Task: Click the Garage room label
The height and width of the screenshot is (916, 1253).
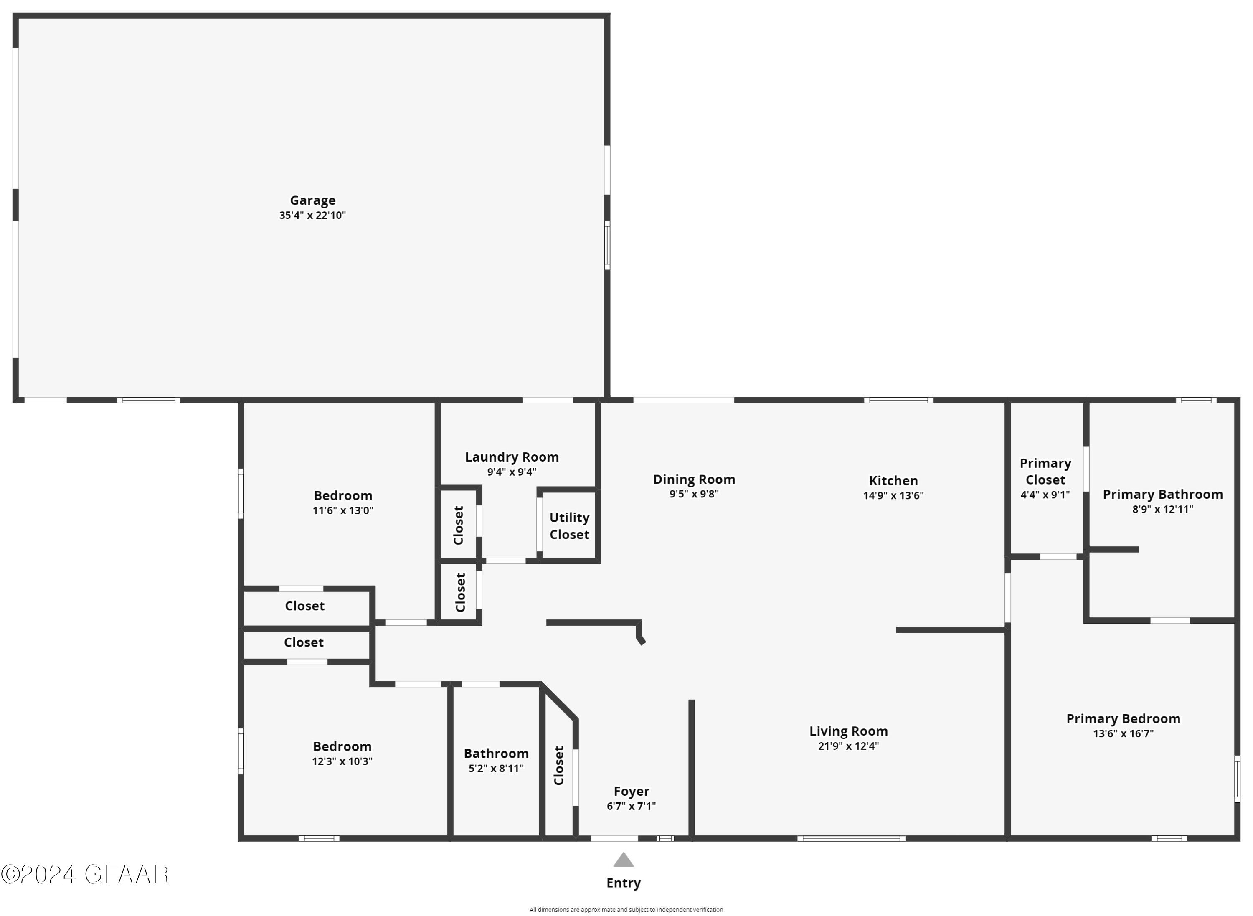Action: pos(313,200)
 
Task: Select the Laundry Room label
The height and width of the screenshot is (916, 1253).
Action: pos(512,457)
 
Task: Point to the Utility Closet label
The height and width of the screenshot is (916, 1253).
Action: pos(569,525)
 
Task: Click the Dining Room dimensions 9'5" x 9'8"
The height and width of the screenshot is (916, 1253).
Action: pos(694,493)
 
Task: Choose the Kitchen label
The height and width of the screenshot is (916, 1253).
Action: pos(893,480)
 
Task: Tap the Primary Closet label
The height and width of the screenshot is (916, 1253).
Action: pos(1045,471)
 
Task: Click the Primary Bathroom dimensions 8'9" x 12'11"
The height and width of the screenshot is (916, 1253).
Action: pos(1163,509)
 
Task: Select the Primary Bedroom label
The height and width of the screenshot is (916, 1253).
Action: pos(1123,718)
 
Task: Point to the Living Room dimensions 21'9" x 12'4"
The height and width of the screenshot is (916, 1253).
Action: pos(848,746)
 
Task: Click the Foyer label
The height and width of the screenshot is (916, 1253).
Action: pos(631,791)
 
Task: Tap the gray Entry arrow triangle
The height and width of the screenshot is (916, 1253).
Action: pos(623,860)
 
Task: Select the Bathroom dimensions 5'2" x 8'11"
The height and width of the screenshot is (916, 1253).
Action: pos(496,769)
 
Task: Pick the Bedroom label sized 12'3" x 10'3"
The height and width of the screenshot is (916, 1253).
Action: pos(342,746)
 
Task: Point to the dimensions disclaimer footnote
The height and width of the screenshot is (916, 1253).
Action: pos(626,910)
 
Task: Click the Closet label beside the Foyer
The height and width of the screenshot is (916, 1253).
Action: pos(559,765)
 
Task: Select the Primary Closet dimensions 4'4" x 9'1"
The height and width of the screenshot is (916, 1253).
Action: pos(1045,495)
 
